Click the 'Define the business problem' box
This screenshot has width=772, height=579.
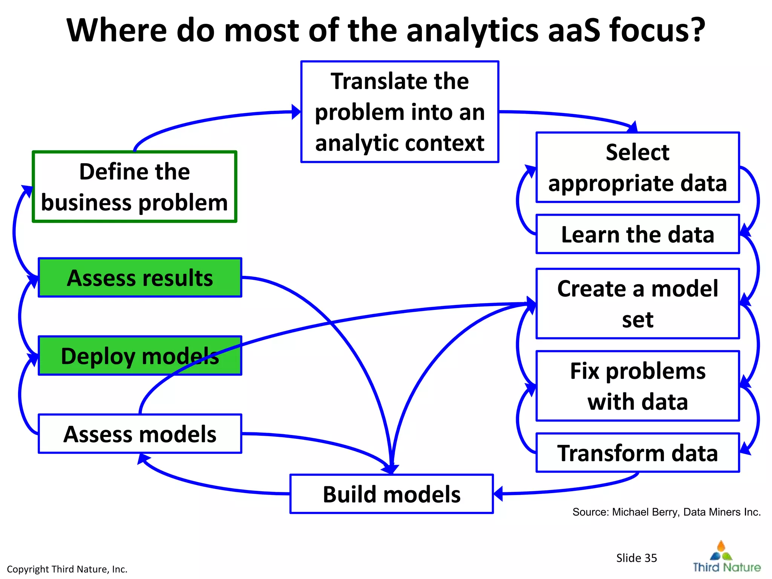click(x=134, y=187)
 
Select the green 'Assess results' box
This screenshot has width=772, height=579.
click(x=140, y=278)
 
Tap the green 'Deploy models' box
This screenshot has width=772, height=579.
click(x=140, y=355)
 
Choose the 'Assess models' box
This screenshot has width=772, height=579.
click(x=140, y=434)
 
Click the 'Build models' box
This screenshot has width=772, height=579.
click(x=391, y=494)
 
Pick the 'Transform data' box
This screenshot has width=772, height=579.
click(x=637, y=453)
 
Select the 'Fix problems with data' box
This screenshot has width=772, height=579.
click(x=637, y=386)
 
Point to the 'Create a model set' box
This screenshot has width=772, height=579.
click(x=637, y=304)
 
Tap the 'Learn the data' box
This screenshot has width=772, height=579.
click(x=637, y=234)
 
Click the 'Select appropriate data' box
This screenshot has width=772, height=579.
click(x=637, y=167)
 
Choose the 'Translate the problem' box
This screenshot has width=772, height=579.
click(x=400, y=112)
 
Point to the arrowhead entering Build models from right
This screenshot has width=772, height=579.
click(x=498, y=493)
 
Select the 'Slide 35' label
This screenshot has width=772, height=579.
click(x=636, y=558)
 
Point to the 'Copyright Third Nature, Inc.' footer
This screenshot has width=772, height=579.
click(x=67, y=569)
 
